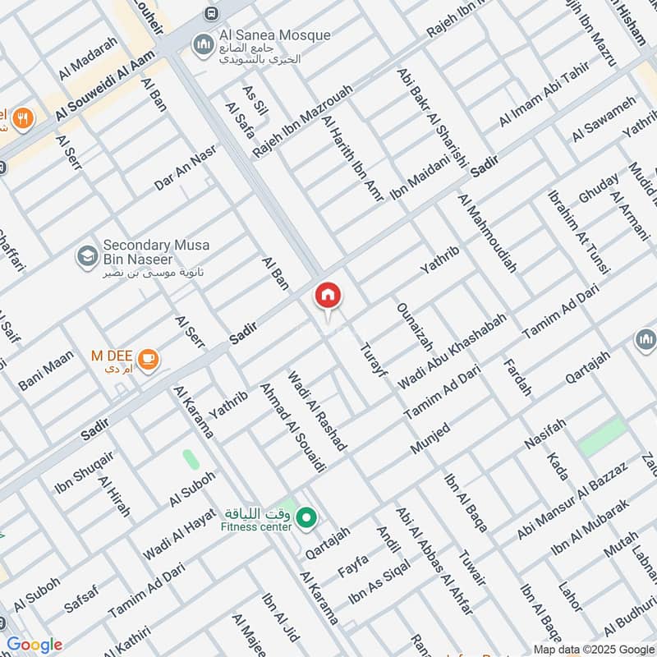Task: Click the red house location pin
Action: pyautogui.click(x=328, y=296)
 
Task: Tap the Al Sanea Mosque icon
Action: pyautogui.click(x=202, y=44)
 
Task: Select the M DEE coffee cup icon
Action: pyautogui.click(x=148, y=358)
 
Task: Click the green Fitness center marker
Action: pyautogui.click(x=307, y=517)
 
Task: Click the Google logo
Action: pyautogui.click(x=34, y=645)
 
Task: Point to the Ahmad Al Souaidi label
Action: pyautogui.click(x=282, y=426)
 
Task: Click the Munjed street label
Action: pyautogui.click(x=430, y=440)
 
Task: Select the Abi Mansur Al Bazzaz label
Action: pyautogui.click(x=572, y=500)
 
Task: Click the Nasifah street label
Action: pyautogui.click(x=545, y=433)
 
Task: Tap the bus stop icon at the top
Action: pyautogui.click(x=212, y=13)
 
